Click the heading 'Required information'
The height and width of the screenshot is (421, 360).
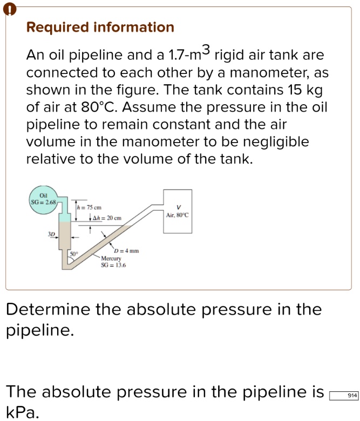[100, 28]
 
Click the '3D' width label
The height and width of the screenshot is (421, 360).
[51, 235]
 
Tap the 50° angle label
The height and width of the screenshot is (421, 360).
[73, 253]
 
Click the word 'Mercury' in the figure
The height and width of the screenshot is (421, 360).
[112, 258]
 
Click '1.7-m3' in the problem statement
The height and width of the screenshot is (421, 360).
[191, 55]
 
